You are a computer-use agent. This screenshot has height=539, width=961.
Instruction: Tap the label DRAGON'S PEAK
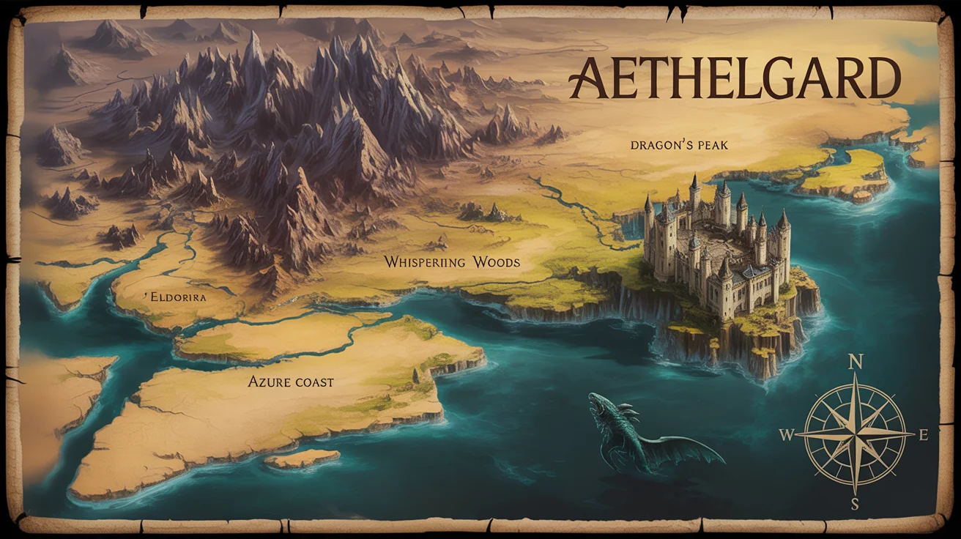[679, 146]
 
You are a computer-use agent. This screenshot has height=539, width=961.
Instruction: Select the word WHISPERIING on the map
[424, 262]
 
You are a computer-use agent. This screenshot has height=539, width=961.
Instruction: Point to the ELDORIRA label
[176, 298]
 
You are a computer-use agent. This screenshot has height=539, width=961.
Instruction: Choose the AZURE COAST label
[291, 382]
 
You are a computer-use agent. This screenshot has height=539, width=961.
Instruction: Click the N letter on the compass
[855, 362]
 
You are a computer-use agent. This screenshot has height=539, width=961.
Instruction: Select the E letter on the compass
[923, 435]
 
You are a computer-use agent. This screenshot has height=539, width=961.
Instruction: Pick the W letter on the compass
[787, 435]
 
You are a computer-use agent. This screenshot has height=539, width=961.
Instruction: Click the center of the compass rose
[855, 434]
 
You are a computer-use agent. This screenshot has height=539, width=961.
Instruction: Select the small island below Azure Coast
[301, 459]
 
